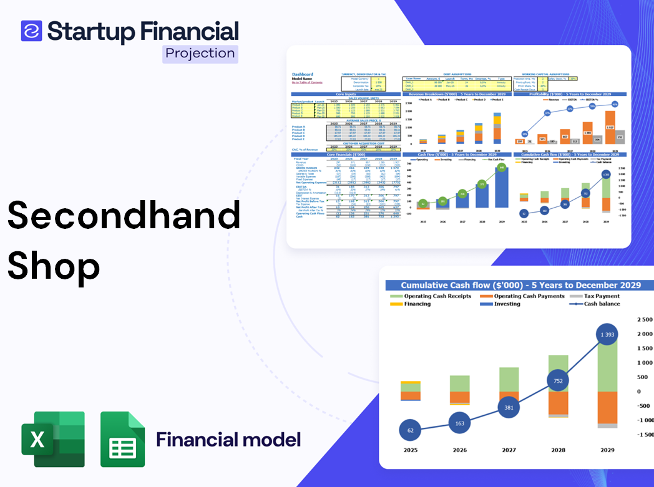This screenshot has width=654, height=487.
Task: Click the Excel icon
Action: click(x=52, y=439)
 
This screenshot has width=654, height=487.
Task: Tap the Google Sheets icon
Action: click(x=122, y=439)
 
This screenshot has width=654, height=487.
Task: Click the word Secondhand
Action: click(x=124, y=215)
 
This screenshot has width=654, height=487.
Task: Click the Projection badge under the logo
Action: click(x=200, y=54)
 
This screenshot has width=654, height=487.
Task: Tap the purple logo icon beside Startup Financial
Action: click(x=31, y=31)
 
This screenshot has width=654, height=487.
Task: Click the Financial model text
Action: click(x=228, y=440)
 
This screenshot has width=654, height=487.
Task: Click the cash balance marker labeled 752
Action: click(x=558, y=381)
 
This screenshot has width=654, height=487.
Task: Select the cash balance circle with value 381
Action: click(x=509, y=407)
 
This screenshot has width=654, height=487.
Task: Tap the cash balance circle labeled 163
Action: click(x=459, y=423)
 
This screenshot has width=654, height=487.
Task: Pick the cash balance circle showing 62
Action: click(x=410, y=430)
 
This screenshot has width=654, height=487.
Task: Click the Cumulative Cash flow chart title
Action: click(x=520, y=285)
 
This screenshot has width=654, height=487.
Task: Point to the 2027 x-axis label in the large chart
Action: click(x=509, y=450)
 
